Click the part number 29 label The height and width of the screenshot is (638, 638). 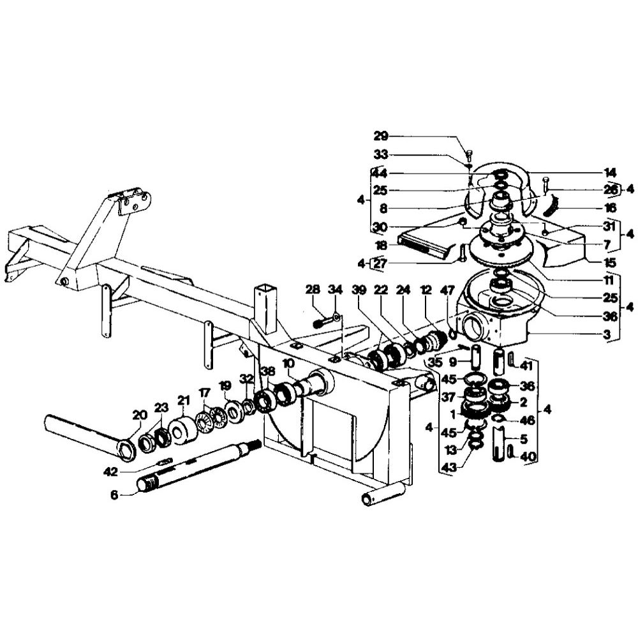tap(382, 136)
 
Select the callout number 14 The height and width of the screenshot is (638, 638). tap(610, 172)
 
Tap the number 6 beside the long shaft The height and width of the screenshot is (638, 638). tap(114, 495)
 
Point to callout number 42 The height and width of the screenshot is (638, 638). tap(110, 471)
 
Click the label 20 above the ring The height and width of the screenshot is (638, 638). tap(140, 415)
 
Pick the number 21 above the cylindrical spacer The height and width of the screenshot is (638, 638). tap(184, 401)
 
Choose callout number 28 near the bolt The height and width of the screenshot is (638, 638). tap(313, 290)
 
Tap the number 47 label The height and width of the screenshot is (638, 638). tap(449, 290)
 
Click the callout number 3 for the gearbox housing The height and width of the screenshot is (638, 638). tap(607, 335)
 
